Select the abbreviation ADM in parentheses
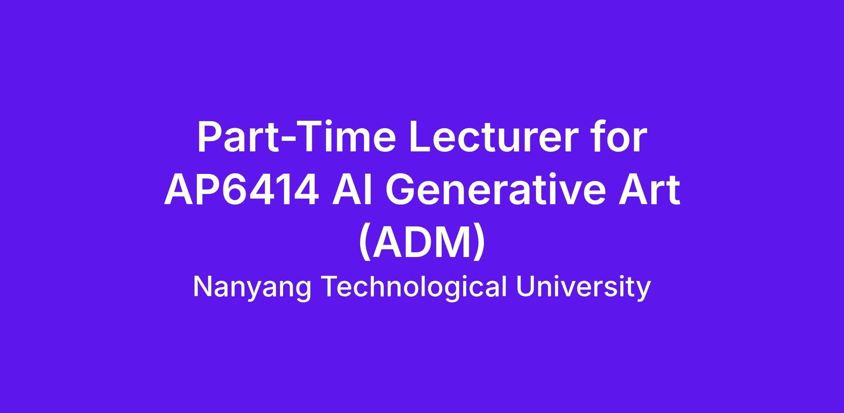pyautogui.click(x=422, y=243)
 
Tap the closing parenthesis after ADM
pyautogui.click(x=480, y=243)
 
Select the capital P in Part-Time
pyautogui.click(x=211, y=137)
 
